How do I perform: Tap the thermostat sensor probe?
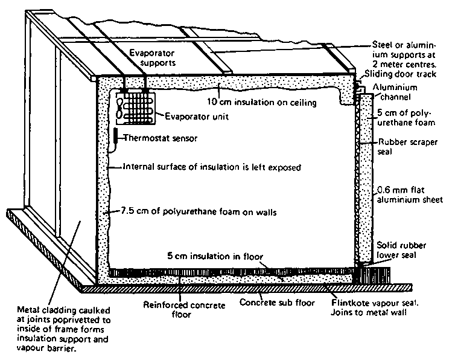tap(115, 138)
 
